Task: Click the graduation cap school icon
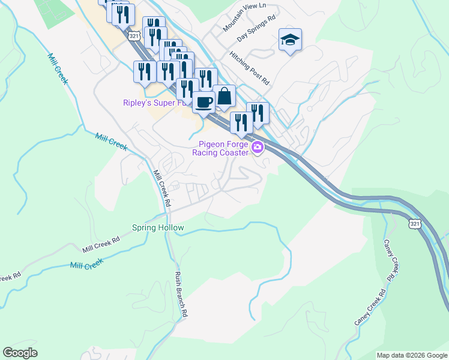pyautogui.click(x=290, y=40)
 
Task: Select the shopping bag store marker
pyautogui.click(x=224, y=95)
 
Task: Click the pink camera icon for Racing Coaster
pyautogui.click(x=258, y=147)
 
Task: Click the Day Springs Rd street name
pyautogui.click(x=256, y=28)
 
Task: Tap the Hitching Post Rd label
pyautogui.click(x=249, y=67)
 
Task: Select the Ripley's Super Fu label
pyautogui.click(x=157, y=103)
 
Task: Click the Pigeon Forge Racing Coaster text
pyautogui.click(x=220, y=148)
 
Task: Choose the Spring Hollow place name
pyautogui.click(x=158, y=228)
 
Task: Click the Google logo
pyautogui.click(x=20, y=353)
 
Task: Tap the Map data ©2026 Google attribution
pyautogui.click(x=412, y=355)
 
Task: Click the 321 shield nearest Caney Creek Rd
pyautogui.click(x=414, y=224)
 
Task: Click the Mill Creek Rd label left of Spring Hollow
pyautogui.click(x=101, y=243)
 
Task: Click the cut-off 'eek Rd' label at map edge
pyautogui.click(x=10, y=277)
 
